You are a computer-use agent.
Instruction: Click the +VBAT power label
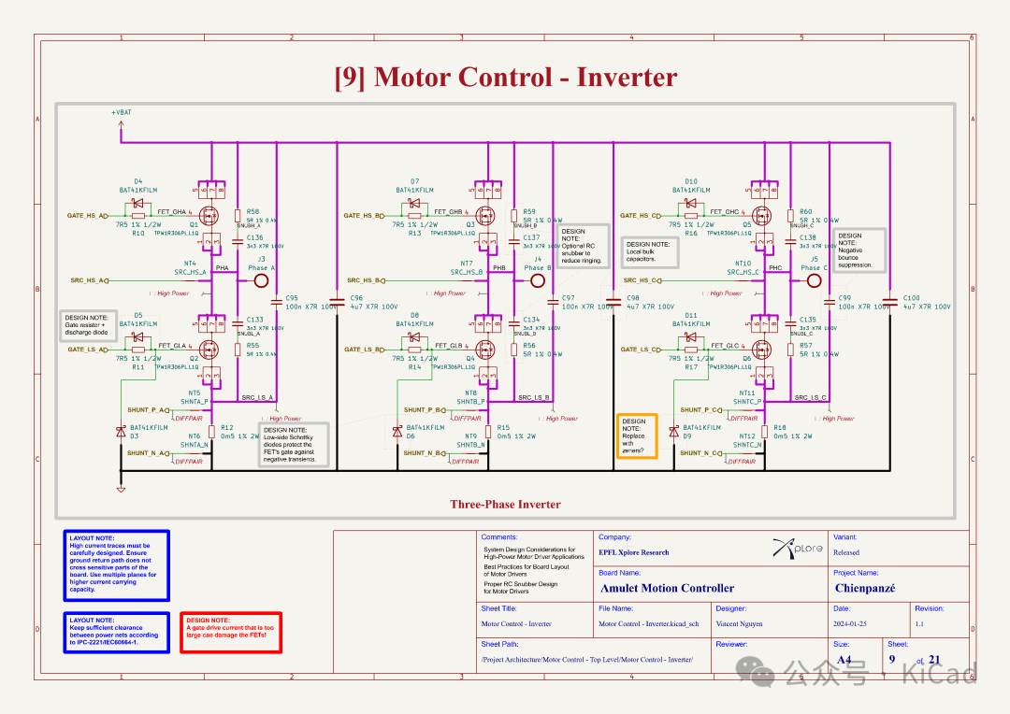122,113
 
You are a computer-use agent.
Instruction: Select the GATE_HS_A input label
87,216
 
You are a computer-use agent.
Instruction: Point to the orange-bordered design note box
637,436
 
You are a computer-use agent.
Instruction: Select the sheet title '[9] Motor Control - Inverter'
505,77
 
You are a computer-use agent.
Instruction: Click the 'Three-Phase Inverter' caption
505,505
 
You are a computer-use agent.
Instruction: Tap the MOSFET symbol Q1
208,214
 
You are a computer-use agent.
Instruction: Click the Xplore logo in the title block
798,549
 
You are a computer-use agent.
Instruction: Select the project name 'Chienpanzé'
865,589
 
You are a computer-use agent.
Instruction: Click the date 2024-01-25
851,623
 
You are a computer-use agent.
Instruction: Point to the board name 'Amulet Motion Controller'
667,589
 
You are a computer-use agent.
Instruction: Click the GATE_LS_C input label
641,350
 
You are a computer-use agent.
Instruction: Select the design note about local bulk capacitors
653,251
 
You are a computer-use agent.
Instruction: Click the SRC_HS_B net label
364,280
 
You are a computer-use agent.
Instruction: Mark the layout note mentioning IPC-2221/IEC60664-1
117,632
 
